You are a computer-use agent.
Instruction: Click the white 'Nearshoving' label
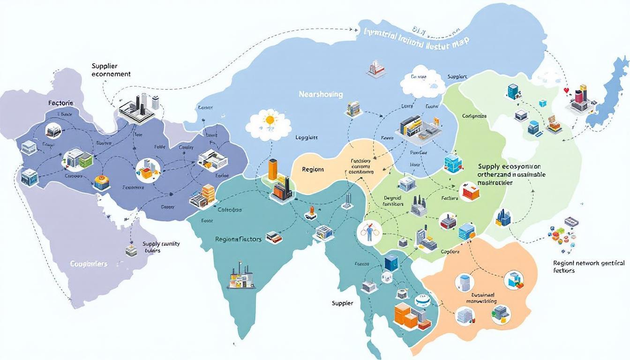click(321, 94)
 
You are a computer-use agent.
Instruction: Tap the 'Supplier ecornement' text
click(111, 70)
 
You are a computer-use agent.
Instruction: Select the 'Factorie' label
click(60, 103)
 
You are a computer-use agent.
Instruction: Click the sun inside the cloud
click(269, 120)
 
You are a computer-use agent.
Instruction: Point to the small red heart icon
click(566, 90)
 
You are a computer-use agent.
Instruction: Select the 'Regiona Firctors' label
click(238, 239)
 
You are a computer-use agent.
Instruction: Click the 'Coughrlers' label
click(89, 264)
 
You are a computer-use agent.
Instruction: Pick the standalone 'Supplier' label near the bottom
click(342, 303)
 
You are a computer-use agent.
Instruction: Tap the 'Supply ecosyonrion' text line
click(509, 166)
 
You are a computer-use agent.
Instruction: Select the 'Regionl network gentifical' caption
click(589, 263)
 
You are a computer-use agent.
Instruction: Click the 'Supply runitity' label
click(161, 244)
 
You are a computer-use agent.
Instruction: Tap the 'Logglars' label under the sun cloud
click(307, 138)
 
